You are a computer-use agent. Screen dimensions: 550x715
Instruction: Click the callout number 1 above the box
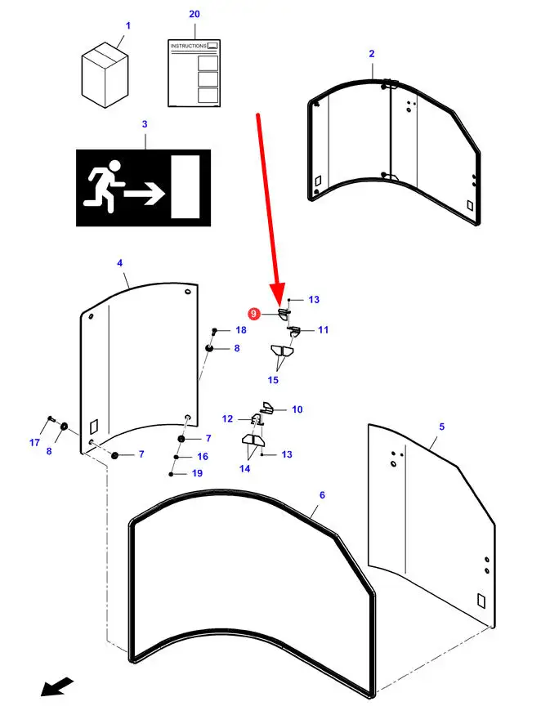[127, 26]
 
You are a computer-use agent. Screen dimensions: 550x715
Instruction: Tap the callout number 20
[194, 15]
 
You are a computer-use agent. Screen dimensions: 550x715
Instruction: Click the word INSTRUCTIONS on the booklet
[188, 47]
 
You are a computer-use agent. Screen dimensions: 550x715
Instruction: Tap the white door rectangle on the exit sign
[185, 186]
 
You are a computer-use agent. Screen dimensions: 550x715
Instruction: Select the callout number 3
[145, 124]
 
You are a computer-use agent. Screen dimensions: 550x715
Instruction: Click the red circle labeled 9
[254, 314]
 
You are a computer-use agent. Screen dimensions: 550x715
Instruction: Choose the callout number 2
[372, 53]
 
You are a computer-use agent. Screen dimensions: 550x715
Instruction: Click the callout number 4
[119, 263]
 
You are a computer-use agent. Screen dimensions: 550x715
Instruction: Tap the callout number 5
[441, 427]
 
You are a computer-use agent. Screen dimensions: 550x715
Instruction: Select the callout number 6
[322, 495]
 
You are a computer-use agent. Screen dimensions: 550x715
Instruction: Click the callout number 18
[240, 330]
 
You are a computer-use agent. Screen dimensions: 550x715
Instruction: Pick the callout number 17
[34, 443]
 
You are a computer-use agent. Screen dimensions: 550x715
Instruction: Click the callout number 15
[273, 380]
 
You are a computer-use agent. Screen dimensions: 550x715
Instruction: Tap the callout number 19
[197, 474]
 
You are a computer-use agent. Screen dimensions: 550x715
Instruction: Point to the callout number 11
[323, 330]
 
